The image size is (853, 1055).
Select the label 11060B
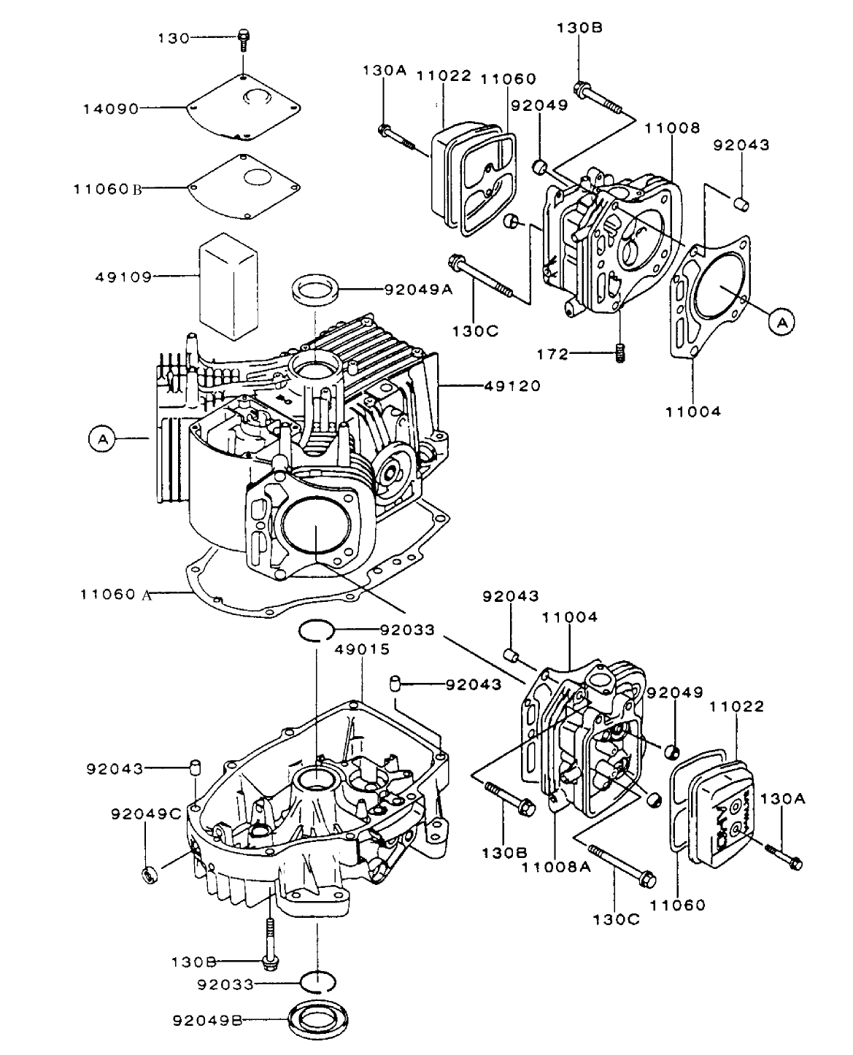tap(107, 188)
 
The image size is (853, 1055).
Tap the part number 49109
tap(123, 277)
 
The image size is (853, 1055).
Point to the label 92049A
tap(419, 289)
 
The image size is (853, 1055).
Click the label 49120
tap(512, 386)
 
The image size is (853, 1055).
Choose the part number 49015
tap(363, 649)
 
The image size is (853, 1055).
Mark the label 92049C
tap(146, 813)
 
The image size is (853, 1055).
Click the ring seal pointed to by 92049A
tap(317, 290)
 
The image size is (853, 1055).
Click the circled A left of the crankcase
tap(102, 438)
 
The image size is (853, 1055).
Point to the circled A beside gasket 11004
tap(781, 321)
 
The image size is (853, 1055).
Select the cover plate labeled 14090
tap(242, 107)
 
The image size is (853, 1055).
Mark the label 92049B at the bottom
tap(207, 1019)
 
